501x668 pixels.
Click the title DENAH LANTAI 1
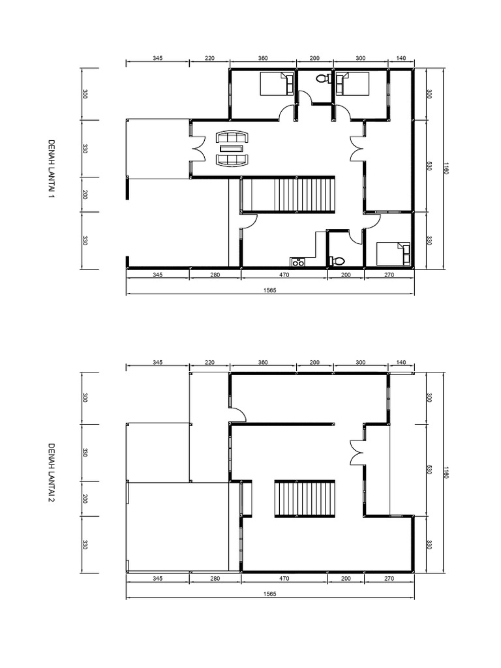pos(51,169)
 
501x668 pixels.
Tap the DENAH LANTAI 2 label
pos(51,472)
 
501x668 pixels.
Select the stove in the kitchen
pos(297,262)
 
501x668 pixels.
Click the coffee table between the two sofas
pos(231,148)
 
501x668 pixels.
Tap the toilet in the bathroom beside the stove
pos(337,260)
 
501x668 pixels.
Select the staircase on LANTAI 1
pos(288,194)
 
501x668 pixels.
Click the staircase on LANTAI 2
pos(305,498)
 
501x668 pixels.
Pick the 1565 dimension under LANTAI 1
pos(269,290)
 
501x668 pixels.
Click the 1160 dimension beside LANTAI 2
pos(446,472)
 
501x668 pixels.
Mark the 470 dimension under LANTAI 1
pos(284,275)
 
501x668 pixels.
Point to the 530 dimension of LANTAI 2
pos(429,469)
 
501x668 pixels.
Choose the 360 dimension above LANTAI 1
pos(263,58)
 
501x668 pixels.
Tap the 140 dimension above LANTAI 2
pos(401,362)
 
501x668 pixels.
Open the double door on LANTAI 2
pos(357,453)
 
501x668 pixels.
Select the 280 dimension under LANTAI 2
pos(215,578)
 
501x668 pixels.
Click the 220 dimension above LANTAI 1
pos(209,58)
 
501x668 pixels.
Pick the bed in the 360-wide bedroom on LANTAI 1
pos(277,83)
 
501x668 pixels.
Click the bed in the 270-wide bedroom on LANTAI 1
pos(393,254)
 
